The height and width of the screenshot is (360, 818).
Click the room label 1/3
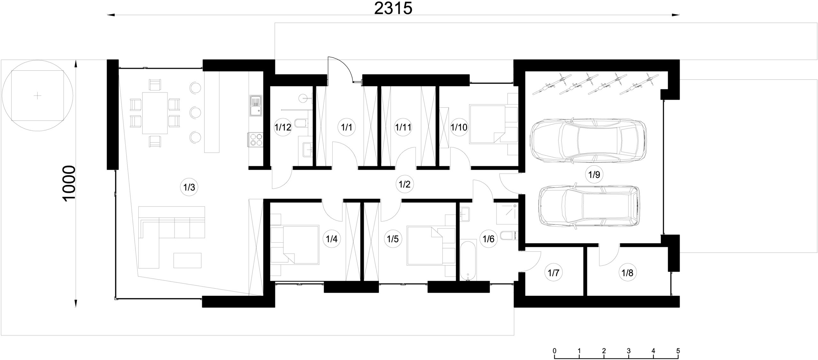[189, 187]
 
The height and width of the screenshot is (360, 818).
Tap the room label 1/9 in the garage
[594, 175]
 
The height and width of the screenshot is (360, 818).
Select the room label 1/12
[283, 128]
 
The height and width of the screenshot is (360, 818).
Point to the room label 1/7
[553, 273]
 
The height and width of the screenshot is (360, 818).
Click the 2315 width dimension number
[393, 9]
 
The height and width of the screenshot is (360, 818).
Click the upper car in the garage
[588, 141]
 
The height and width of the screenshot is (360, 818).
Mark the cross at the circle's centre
[38, 95]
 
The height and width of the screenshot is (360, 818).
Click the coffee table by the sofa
[188, 260]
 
